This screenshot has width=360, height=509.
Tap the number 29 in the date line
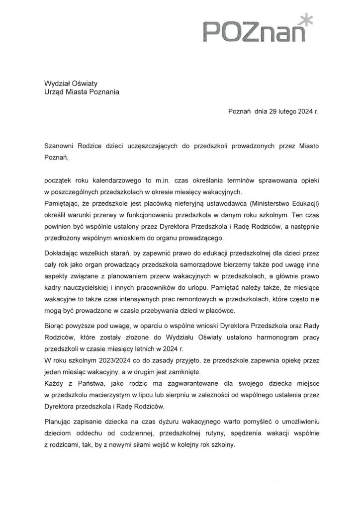tap(275, 112)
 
